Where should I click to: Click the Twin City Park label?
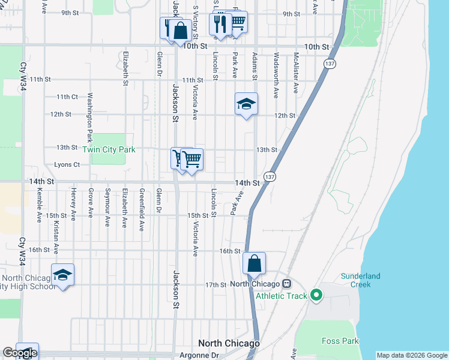pos(109,149)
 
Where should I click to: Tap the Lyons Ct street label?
pos(67,164)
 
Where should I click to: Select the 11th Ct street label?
pos(67,97)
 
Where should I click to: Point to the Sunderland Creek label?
pos(361,280)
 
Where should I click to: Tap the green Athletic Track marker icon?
pos(316,295)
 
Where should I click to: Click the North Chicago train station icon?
pos(287,284)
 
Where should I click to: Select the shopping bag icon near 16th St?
pos(254,263)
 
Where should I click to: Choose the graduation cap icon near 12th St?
pos(246,104)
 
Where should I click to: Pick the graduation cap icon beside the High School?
pos(62,275)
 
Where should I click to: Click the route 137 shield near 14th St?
pos(270,177)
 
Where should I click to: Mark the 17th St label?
pos(215,284)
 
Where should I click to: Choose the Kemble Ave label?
pos(39,205)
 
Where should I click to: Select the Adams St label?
pos(255,66)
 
